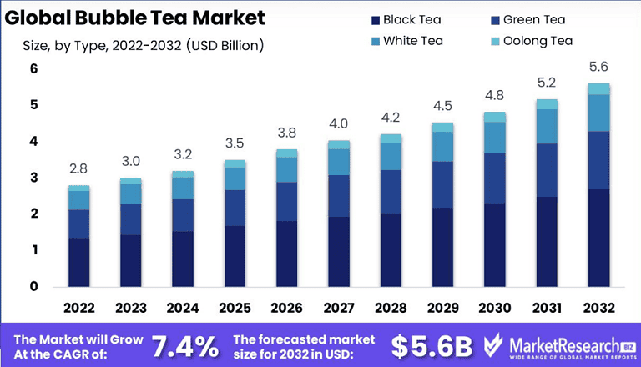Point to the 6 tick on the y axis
point(34,69)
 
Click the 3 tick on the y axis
point(34,178)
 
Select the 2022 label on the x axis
point(79,308)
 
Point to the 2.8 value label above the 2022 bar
point(79,168)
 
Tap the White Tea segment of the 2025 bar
point(235,178)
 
